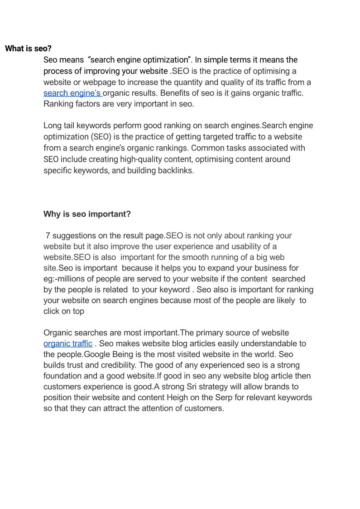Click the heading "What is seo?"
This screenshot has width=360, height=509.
coord(28,48)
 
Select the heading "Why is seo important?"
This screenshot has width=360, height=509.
coord(87,214)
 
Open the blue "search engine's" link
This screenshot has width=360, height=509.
coord(72,93)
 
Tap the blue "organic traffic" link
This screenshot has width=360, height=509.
coord(68,344)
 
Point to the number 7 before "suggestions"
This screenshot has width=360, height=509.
coord(48,236)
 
